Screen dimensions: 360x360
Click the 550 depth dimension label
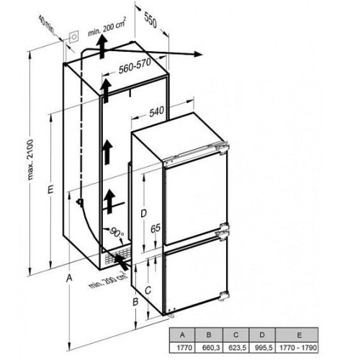150,19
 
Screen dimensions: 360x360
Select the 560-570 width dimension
135,66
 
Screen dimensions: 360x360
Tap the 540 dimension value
156,112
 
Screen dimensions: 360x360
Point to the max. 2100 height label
31,159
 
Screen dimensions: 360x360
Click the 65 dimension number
156,228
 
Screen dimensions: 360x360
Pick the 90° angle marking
117,233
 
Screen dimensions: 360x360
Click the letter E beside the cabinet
50,189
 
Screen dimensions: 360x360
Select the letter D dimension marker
143,213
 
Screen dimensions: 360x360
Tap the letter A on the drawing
69,278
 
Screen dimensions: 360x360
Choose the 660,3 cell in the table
209,347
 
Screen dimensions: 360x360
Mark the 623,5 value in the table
236,347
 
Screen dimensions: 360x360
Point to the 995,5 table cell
263,347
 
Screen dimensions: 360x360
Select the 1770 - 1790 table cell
297,347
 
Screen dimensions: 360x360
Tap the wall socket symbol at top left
74,37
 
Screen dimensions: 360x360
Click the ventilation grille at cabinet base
118,256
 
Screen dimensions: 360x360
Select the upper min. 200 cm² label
107,27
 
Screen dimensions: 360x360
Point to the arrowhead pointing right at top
198,54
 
